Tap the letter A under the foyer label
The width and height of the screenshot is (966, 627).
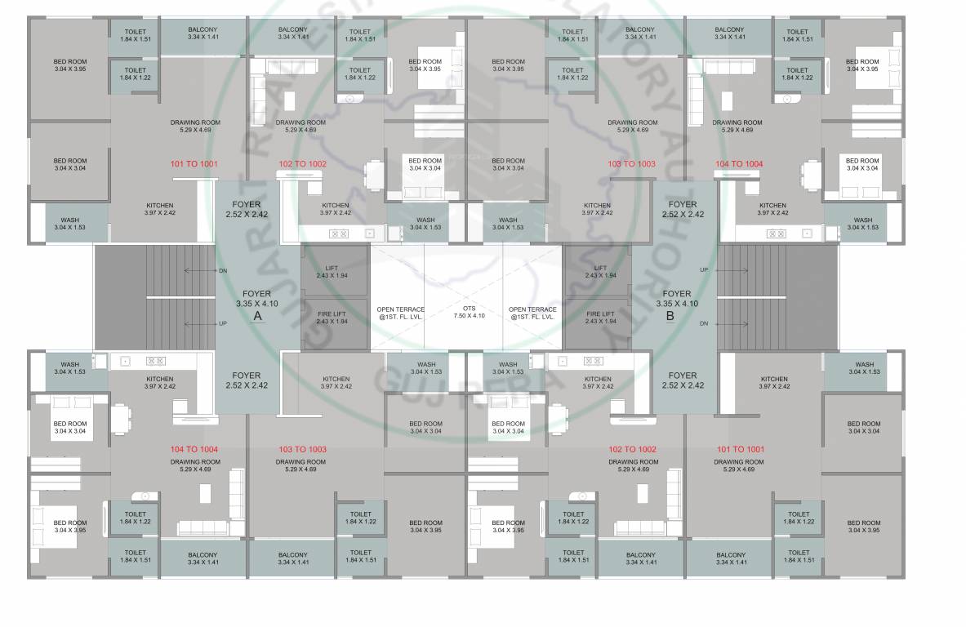click(257, 315)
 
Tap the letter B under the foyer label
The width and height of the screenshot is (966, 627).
click(670, 315)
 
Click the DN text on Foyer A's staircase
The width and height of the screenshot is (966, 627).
click(222, 269)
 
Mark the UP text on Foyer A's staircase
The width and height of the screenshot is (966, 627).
click(222, 323)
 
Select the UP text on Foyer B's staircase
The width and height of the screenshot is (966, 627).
click(704, 269)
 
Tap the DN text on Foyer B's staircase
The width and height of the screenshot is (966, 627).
click(704, 323)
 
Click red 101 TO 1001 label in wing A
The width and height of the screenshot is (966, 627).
click(194, 163)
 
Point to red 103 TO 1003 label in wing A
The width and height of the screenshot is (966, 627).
click(302, 449)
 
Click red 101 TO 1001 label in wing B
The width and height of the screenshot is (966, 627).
click(741, 449)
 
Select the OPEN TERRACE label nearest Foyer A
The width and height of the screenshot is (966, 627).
click(400, 313)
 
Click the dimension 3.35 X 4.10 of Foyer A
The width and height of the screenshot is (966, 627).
click(257, 303)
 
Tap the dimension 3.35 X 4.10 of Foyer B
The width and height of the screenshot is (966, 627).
click(677, 303)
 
